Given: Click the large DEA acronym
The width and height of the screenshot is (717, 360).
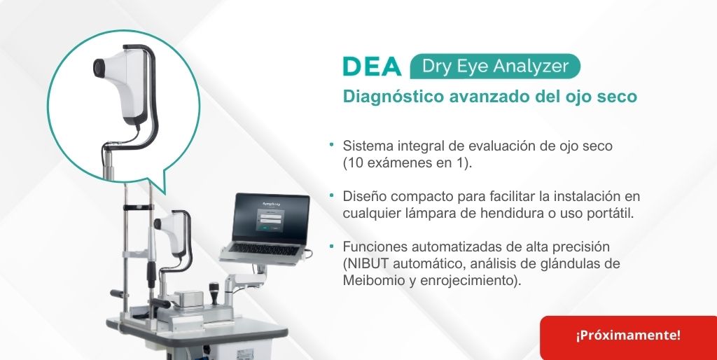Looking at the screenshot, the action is pyautogui.click(x=372, y=67).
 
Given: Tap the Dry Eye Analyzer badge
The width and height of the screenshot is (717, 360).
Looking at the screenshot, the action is pyautogui.click(x=495, y=67).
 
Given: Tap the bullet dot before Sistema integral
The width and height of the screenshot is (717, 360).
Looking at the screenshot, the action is pyautogui.click(x=331, y=145).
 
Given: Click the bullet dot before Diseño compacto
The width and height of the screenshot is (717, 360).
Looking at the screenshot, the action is pyautogui.click(x=331, y=195).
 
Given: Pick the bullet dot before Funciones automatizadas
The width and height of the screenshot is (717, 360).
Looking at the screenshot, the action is pyautogui.click(x=331, y=246).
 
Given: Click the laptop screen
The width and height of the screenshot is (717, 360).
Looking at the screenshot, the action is pyautogui.click(x=271, y=219).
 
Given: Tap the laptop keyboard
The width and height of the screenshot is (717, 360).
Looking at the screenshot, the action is pyautogui.click(x=264, y=249).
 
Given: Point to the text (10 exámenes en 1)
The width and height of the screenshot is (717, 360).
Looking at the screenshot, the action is pyautogui.click(x=408, y=163).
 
